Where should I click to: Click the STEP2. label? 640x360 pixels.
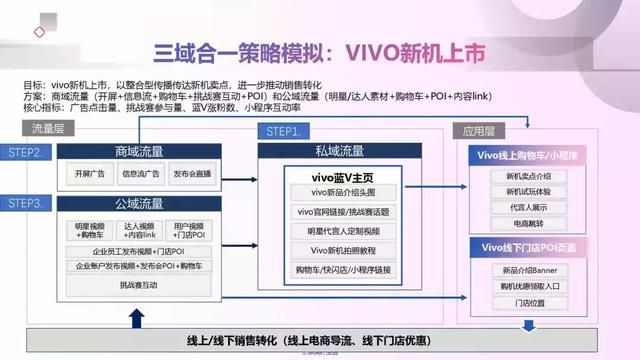coord(26,152)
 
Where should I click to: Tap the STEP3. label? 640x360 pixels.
coord(26,204)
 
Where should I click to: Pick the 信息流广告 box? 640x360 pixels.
coord(140,173)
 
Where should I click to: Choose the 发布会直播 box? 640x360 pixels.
coord(193,173)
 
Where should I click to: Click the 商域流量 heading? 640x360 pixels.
coord(140,152)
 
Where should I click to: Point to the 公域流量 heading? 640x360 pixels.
coord(140,204)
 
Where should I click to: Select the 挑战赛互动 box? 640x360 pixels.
coord(140,285)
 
